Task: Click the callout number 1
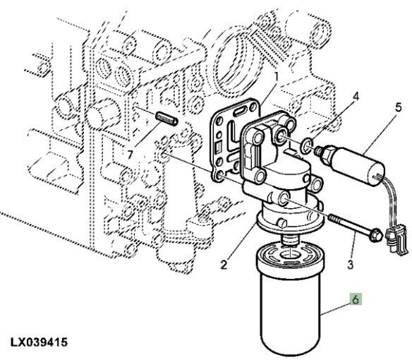[276, 77]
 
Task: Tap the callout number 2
[224, 265]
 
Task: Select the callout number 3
[351, 265]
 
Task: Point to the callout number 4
[356, 97]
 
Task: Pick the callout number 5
[399, 107]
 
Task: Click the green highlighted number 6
[356, 299]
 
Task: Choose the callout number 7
[130, 155]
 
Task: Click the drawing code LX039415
[39, 342]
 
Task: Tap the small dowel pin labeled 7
[167, 119]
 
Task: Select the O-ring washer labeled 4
[307, 147]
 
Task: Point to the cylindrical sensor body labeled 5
[358, 166]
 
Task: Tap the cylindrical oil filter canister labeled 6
[289, 300]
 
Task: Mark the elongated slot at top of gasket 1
[240, 112]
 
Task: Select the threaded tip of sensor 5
[319, 151]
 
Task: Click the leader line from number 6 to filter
[335, 309]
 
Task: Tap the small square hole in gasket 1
[218, 148]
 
